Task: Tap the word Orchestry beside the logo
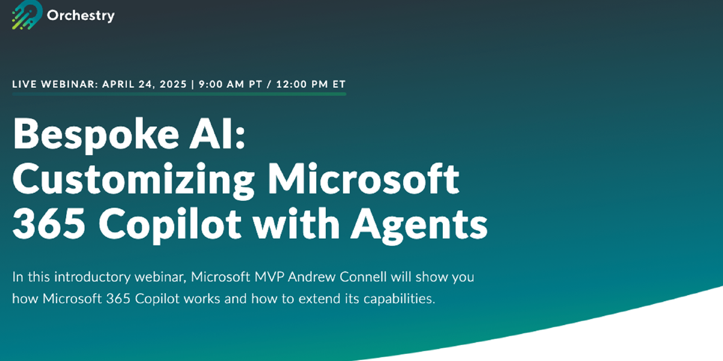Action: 81,16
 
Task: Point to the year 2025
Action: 171,84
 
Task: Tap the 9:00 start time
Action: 211,84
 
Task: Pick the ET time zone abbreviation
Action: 338,84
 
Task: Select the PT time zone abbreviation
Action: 254,84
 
